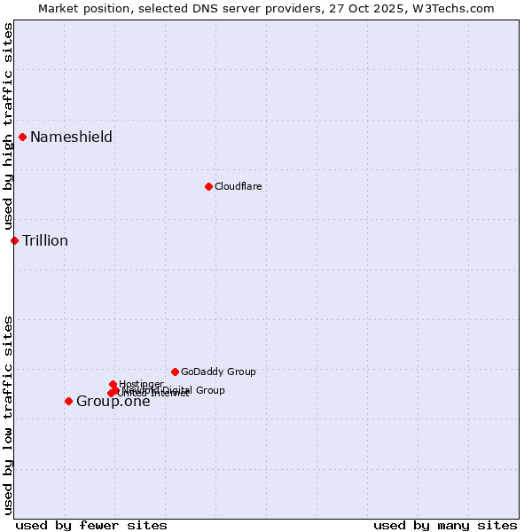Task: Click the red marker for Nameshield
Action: (x=22, y=137)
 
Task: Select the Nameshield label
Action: (x=71, y=137)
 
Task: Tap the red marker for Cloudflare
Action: (x=208, y=186)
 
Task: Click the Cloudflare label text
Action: (x=238, y=186)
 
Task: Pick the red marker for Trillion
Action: (x=14, y=240)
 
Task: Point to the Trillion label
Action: (x=45, y=240)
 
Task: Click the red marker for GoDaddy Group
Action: (x=175, y=372)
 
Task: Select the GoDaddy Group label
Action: (x=218, y=372)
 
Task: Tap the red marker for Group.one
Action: (x=68, y=401)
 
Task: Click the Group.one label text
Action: (x=113, y=401)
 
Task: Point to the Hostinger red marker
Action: (x=113, y=384)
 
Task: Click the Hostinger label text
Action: (x=142, y=383)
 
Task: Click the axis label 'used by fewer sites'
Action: (x=91, y=525)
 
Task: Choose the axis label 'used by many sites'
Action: (x=445, y=525)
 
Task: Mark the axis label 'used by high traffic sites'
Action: (x=8, y=127)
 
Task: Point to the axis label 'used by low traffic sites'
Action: (x=8, y=415)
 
